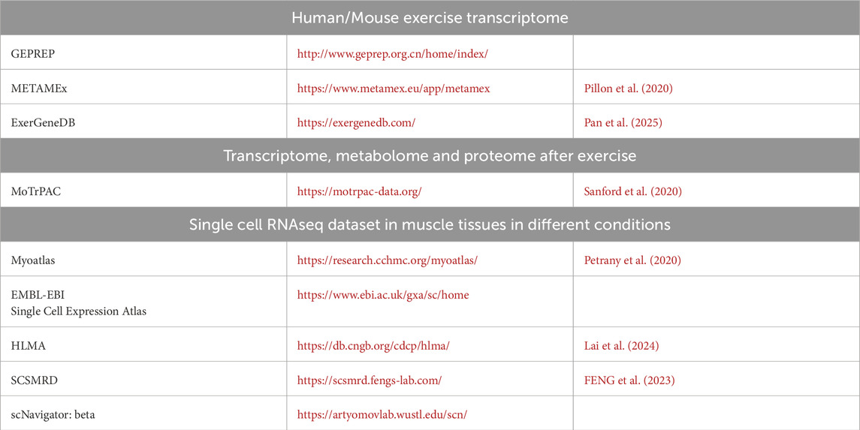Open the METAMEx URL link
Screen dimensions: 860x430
point(394,89)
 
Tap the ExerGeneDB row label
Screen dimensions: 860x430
point(43,123)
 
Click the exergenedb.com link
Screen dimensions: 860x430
point(356,123)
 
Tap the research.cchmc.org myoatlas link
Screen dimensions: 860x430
point(388,260)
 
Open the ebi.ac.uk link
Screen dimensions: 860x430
point(383,295)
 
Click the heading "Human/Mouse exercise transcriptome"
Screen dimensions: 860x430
point(430,17)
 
